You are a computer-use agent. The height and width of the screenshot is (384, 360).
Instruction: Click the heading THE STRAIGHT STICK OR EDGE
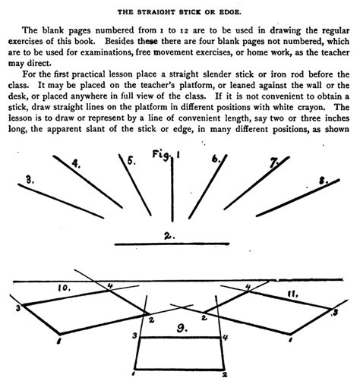pos(179,10)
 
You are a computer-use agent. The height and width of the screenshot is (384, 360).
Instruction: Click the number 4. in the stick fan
pos(76,162)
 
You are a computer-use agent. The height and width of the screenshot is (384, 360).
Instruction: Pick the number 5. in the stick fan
pos(131,160)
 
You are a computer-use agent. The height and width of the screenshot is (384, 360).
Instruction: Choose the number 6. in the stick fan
pos(216,159)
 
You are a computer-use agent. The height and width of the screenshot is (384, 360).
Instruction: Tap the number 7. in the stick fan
pos(274,162)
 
